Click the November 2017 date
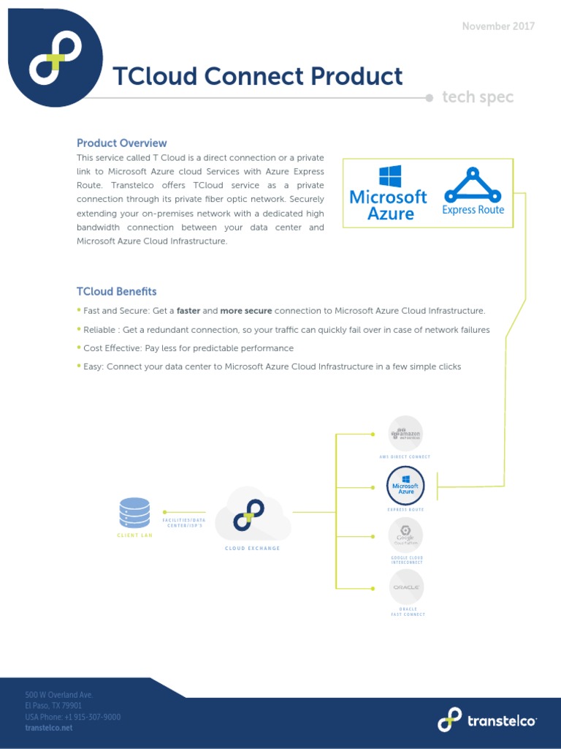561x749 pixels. pos(498,26)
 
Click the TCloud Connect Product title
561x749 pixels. pos(257,76)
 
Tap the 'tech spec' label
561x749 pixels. pos(478,97)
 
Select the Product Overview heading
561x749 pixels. pos(121,143)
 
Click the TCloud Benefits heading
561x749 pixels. pos(116,292)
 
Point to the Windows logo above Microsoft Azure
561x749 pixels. pos(389,177)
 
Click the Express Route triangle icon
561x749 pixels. pos(473,186)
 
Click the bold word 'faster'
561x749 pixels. pos(188,311)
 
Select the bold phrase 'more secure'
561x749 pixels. pos(246,311)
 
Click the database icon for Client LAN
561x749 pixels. pos(134,513)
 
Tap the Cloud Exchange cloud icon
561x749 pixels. pos(253,515)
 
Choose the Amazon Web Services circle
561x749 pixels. pos(405,434)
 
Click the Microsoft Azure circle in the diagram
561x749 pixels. pos(405,485)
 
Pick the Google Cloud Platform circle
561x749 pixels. pos(405,535)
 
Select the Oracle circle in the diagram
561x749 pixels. pos(406,587)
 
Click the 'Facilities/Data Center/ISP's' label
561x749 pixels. pos(184,522)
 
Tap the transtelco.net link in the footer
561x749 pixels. pos(49,728)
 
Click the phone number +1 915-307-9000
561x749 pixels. pos(92,717)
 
